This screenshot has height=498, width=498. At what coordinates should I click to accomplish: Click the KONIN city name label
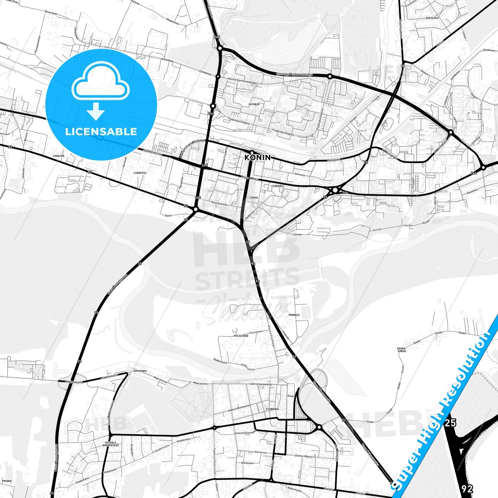coord(257,157)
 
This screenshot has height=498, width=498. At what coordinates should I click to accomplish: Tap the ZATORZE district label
coord(254,104)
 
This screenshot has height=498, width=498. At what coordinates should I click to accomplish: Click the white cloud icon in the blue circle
coord(100,84)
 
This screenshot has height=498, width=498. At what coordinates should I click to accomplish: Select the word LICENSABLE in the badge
coord(101,131)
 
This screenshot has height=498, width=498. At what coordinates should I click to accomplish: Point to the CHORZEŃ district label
coord(58,156)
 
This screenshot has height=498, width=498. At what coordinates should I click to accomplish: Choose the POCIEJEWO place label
coord(241,335)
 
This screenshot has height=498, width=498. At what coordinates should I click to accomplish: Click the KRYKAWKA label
coord(140,371)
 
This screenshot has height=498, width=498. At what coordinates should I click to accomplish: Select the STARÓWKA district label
coord(272,409)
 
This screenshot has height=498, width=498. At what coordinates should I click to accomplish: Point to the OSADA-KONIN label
coord(402,349)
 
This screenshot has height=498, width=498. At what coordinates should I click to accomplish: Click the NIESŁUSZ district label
coord(432,18)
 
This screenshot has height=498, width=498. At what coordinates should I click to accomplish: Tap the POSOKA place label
coord(7,481)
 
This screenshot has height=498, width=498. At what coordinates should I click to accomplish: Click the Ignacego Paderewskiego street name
coord(294,74)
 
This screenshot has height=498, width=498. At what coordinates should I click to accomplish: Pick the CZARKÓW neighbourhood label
coord(277,186)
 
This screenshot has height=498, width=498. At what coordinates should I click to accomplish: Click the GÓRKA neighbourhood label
coord(254,198)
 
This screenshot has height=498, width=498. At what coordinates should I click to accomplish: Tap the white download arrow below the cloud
coord(96,111)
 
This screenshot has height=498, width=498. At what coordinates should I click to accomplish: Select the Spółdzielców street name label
coord(153,153)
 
